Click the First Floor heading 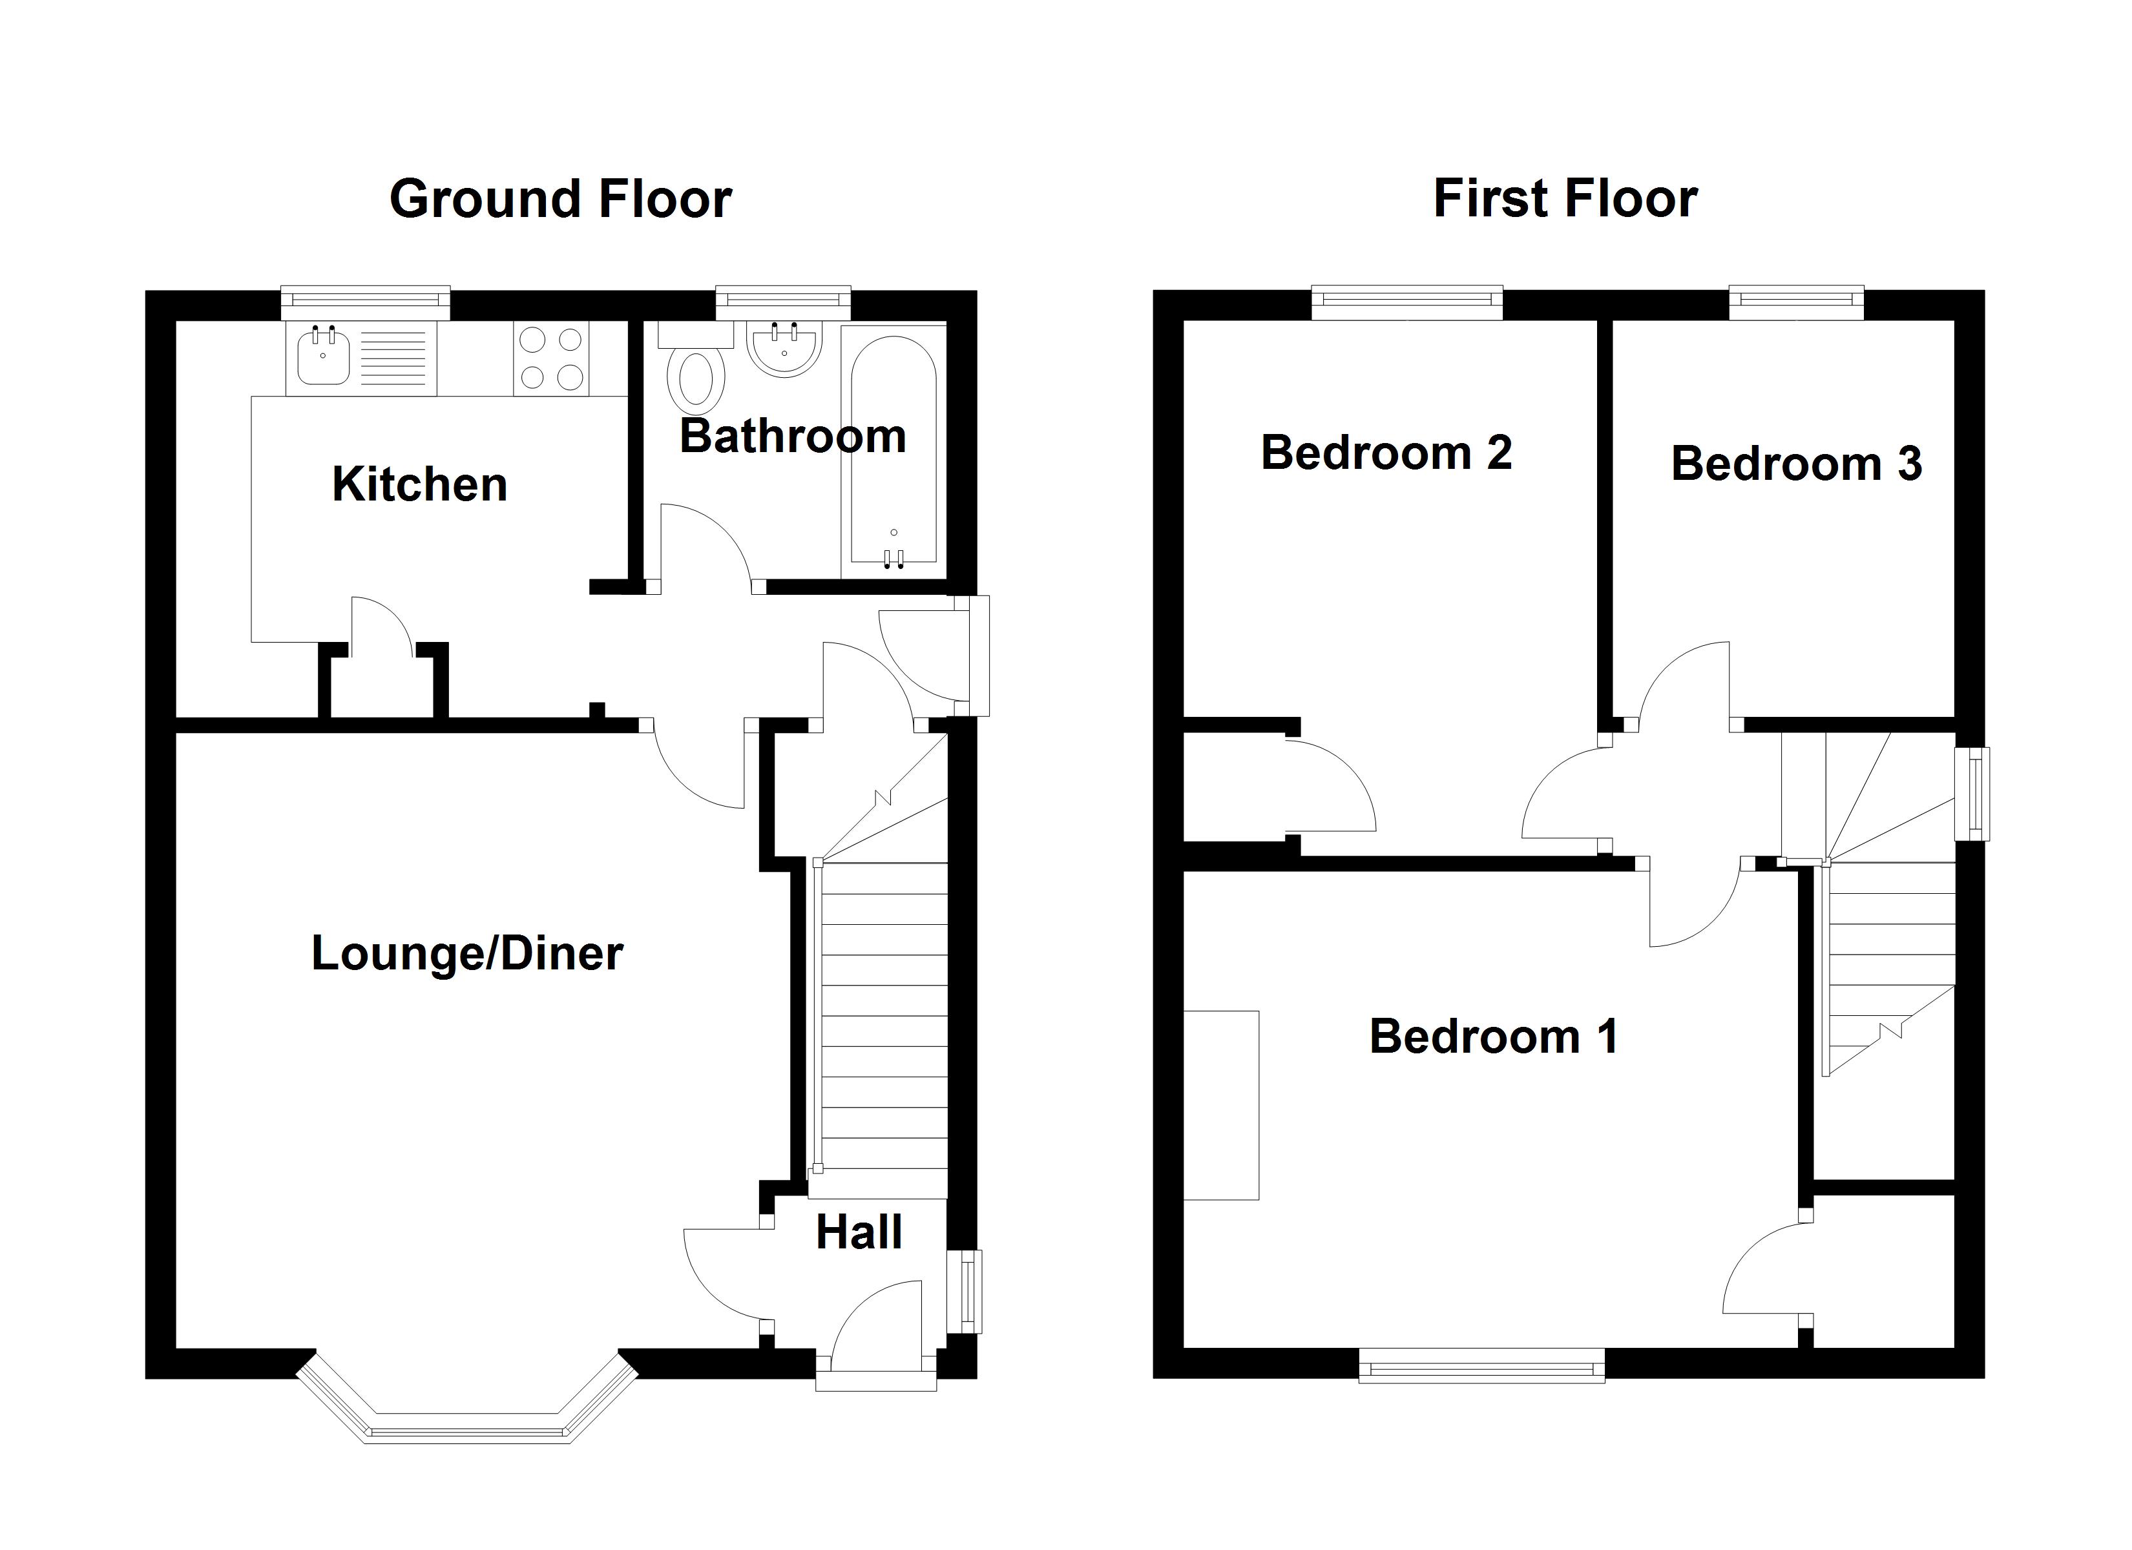[x=1565, y=200]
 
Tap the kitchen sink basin [x=322, y=357]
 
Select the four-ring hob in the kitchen [x=552, y=358]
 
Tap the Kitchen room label [x=419, y=485]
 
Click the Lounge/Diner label [x=467, y=953]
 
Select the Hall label [x=858, y=1232]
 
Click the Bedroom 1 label [x=1494, y=1037]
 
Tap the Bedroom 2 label [x=1386, y=453]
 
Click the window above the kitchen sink [x=366, y=300]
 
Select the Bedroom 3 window [x=1797, y=300]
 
